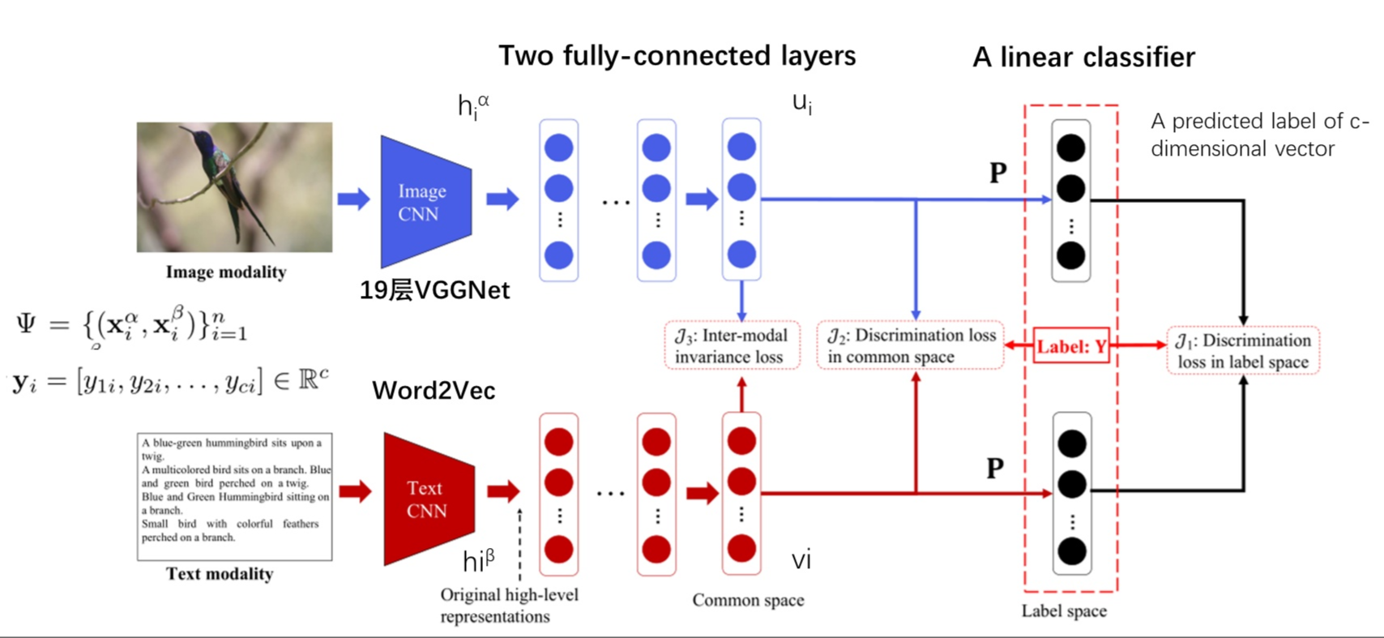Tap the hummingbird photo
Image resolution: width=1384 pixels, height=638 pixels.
[234, 186]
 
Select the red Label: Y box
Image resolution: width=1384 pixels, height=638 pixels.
[1071, 347]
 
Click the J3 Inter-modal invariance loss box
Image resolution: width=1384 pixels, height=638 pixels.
[732, 346]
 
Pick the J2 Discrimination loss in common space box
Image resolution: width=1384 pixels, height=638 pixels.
[910, 346]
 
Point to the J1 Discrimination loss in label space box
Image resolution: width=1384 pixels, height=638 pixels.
[1243, 350]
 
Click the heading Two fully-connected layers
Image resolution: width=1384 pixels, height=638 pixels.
[677, 56]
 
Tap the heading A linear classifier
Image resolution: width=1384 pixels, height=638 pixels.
[1083, 58]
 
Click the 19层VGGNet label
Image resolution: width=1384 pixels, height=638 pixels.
[434, 290]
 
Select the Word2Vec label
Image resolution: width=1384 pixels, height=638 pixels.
[434, 391]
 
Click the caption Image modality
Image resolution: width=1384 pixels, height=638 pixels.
[226, 272]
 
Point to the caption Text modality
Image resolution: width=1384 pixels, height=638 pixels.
[220, 574]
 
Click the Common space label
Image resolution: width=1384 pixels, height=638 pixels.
[748, 601]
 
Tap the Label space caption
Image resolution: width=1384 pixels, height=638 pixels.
[1064, 611]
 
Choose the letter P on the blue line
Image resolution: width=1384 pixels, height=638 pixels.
[997, 173]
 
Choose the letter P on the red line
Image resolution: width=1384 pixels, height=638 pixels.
[995, 468]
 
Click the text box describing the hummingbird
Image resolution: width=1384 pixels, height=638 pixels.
[234, 496]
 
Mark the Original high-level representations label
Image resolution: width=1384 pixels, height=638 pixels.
[509, 606]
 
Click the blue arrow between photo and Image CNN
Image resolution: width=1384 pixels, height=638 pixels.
[353, 199]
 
